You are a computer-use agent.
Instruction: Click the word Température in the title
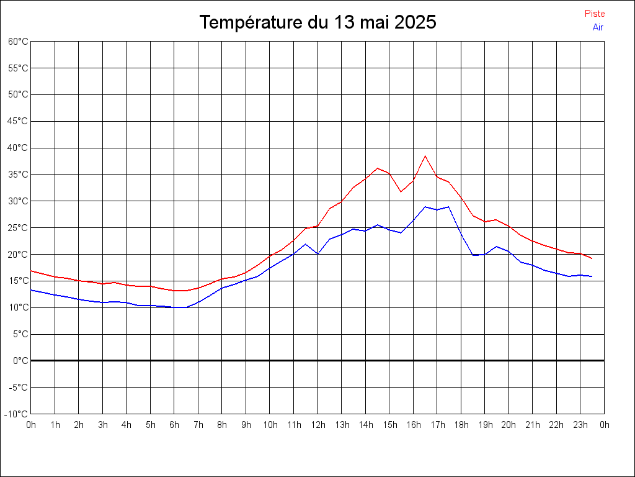251,23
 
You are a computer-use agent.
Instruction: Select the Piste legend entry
595,14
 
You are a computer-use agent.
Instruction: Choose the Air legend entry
598,27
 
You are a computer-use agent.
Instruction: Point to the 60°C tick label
18,42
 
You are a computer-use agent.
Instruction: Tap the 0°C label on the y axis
20,360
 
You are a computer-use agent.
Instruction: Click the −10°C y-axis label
17,414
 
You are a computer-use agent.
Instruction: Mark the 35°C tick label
18,175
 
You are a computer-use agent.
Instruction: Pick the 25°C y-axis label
18,228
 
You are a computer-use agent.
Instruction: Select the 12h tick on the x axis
318,425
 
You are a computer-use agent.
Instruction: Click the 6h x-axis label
174,425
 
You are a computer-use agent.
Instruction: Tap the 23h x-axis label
580,425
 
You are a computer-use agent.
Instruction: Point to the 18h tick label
461,425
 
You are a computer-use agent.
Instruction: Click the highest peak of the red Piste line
425,156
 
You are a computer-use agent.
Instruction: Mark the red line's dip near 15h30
401,191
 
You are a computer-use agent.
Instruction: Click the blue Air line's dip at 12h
317,253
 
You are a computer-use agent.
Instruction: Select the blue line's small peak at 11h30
306,244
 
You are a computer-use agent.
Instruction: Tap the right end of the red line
592,258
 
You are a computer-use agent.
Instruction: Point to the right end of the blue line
592,276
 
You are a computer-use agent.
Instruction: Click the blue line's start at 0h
31,289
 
